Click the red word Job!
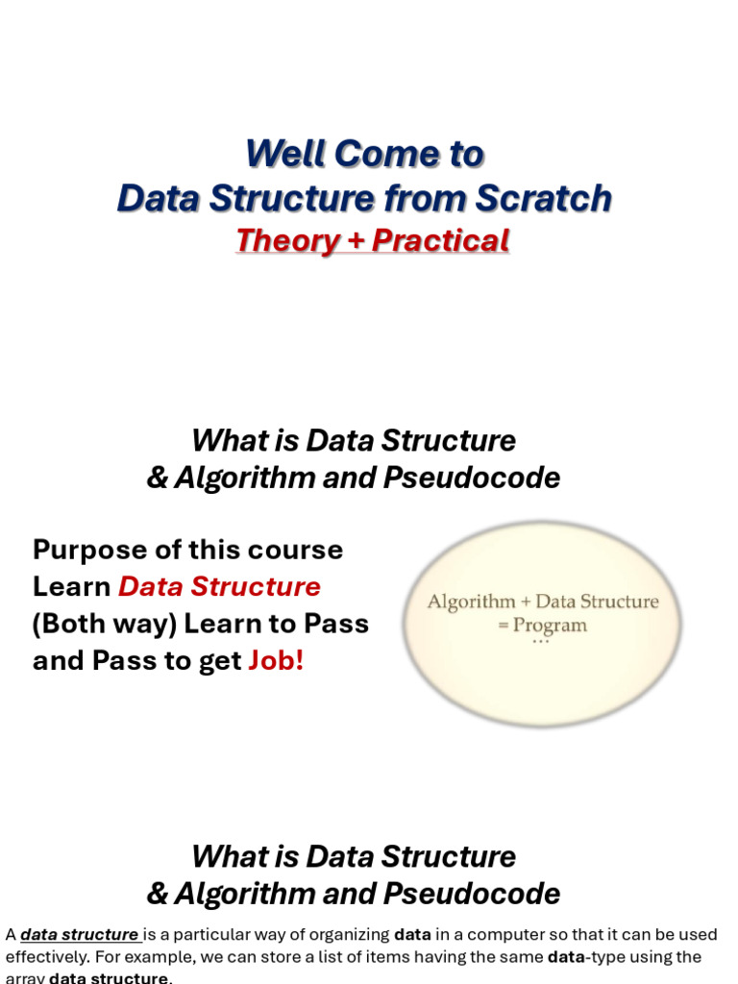(x=277, y=662)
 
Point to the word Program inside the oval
(x=550, y=626)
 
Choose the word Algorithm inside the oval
(x=471, y=603)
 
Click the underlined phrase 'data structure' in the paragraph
(x=81, y=935)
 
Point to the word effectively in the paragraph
(x=45, y=957)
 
